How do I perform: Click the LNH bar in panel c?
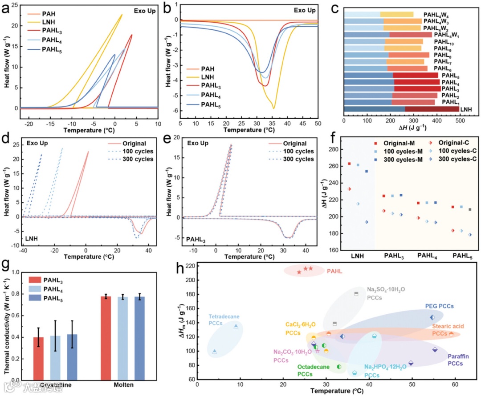(x=401, y=108)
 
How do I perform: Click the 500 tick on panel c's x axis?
(x=459, y=120)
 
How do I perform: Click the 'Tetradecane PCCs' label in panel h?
(x=224, y=320)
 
